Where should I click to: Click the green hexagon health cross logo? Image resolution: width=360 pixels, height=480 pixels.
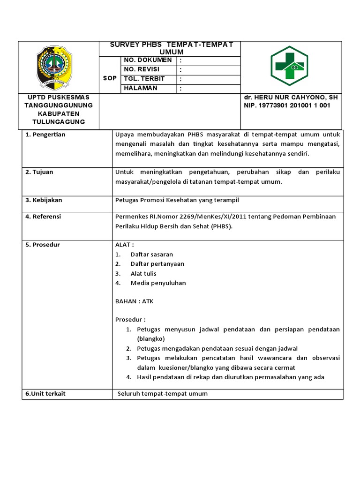coord(289,67)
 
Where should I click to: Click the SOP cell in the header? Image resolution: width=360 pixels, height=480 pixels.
coord(110,78)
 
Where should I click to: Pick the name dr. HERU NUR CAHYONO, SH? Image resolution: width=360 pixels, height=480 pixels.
coord(291,97)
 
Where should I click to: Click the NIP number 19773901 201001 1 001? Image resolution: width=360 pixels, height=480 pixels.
coord(287,105)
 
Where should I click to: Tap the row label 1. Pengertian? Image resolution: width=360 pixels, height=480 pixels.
coord(45,135)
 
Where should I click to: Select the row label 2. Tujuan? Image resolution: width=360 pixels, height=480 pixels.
coord(39,172)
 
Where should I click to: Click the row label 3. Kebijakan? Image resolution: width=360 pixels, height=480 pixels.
coord(44,200)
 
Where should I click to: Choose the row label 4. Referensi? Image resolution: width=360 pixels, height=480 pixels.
coord(43,217)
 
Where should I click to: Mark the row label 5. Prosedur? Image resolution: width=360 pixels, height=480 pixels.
coord(42,245)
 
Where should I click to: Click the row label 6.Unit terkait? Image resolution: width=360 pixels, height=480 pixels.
coord(45,394)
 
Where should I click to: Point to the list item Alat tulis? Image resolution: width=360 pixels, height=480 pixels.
coord(143,273)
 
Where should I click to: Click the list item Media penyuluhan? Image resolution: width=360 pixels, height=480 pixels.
coord(158,283)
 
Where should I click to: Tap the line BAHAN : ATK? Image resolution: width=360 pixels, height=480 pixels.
coord(134,301)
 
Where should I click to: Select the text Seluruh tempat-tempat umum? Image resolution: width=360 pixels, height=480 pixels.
coord(163,394)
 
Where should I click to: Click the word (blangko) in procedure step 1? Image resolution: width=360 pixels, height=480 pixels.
coord(151,338)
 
